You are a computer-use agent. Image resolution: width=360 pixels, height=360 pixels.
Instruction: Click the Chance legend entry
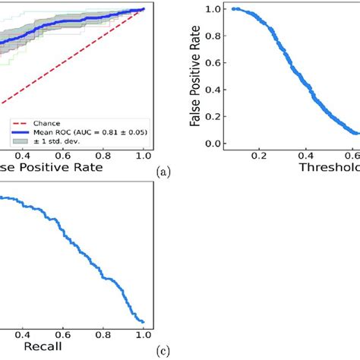[x=46, y=121]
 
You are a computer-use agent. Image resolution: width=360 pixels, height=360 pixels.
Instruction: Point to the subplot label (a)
[x=162, y=172]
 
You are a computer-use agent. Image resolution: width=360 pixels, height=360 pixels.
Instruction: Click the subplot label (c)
[x=162, y=352]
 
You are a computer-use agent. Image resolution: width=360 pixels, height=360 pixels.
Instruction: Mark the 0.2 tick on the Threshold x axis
[x=260, y=155]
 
